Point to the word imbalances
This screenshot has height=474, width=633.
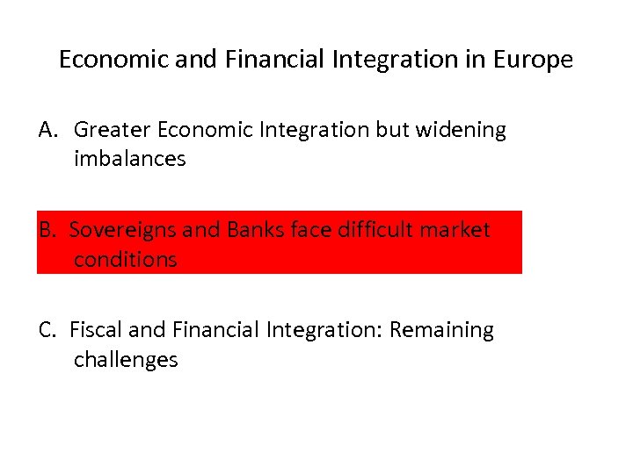click(x=129, y=160)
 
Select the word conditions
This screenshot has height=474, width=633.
click(x=125, y=260)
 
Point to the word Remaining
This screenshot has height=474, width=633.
click(x=441, y=330)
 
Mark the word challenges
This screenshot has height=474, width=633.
click(x=126, y=360)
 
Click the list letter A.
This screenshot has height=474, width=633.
click(x=47, y=130)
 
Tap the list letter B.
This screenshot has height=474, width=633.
click(x=47, y=230)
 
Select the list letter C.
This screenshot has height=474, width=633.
click(x=47, y=330)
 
